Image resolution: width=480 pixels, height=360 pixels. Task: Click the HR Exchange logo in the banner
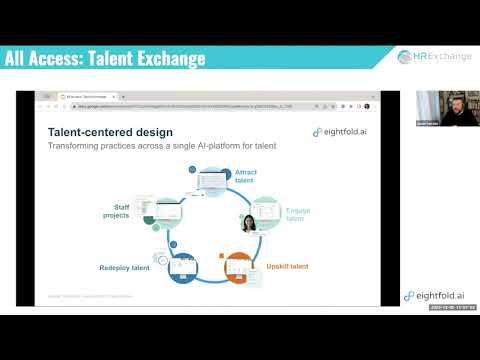pyautogui.click(x=436, y=57)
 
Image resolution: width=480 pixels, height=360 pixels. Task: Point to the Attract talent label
pyautogui.click(x=246, y=176)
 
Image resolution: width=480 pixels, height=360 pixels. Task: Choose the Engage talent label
pyautogui.click(x=297, y=216)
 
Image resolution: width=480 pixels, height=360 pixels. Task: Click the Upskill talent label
pyautogui.click(x=287, y=267)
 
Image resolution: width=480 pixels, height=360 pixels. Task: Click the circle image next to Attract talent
pyautogui.click(x=215, y=184)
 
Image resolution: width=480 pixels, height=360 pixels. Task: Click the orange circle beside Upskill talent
pyautogui.click(x=240, y=266)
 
